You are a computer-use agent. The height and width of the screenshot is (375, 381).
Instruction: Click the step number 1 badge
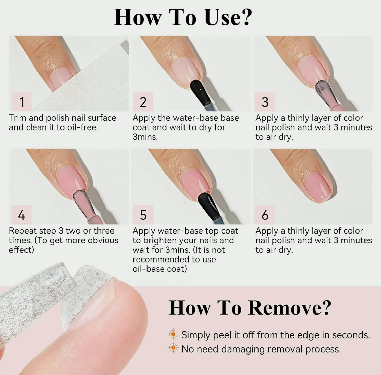coord(22,102)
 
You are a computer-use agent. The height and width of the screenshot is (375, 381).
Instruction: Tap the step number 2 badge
coord(143,102)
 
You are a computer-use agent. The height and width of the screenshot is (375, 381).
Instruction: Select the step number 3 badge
coord(265,102)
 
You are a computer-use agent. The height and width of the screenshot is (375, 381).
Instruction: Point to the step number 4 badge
coord(22,215)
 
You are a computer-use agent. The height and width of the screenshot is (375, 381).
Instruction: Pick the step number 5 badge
coord(143,215)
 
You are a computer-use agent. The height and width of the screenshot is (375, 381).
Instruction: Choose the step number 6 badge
coord(265,215)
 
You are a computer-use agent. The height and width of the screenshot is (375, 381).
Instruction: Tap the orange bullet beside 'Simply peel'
coord(173,334)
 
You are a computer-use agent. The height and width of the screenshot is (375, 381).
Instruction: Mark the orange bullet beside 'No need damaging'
coord(173,347)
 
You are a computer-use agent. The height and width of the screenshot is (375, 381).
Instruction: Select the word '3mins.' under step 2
coord(145,137)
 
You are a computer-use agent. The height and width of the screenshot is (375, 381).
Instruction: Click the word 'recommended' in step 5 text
coord(161,260)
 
